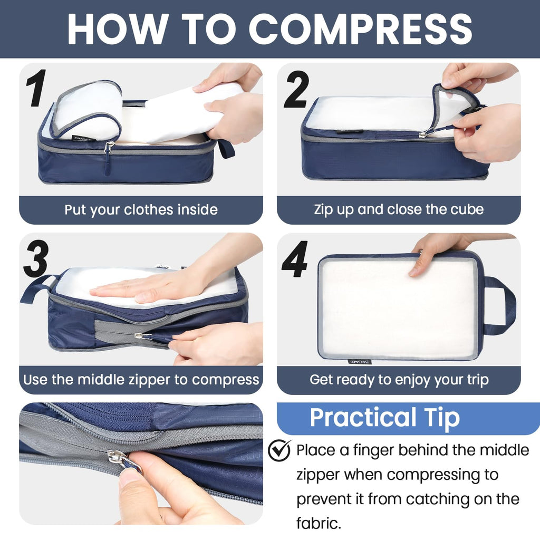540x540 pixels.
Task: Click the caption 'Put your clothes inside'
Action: pos(141,210)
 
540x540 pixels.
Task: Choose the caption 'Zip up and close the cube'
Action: pos(399,209)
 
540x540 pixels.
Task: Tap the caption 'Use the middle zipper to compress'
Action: pos(141,380)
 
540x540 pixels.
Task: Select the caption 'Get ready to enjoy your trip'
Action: pos(399,380)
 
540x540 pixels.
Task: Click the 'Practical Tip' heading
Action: pos(384,418)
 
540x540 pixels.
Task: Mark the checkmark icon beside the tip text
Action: pos(279,450)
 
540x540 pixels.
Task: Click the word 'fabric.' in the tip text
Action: pos(319,523)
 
